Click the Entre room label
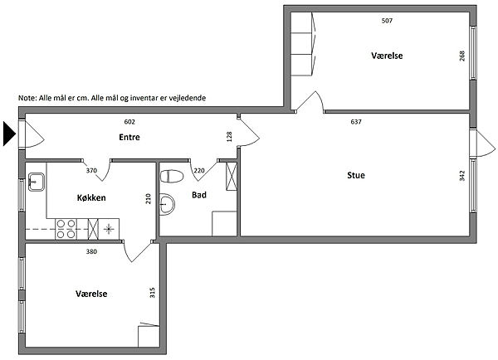[129, 137]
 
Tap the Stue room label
[356, 175]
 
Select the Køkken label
[91, 197]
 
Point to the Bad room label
[199, 195]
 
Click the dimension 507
[387, 21]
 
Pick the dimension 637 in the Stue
[356, 122]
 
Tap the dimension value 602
[129, 122]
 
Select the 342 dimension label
[462, 176]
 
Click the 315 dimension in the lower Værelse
[153, 293]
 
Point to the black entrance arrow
[9, 134]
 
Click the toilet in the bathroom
[172, 177]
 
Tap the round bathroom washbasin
[167, 204]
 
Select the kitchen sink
[37, 182]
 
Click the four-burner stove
[66, 229]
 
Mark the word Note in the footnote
[27, 98]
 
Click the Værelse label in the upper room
[387, 56]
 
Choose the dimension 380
[91, 251]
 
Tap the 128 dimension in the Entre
[230, 137]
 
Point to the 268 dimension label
[462, 56]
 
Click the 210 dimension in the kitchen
[149, 199]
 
